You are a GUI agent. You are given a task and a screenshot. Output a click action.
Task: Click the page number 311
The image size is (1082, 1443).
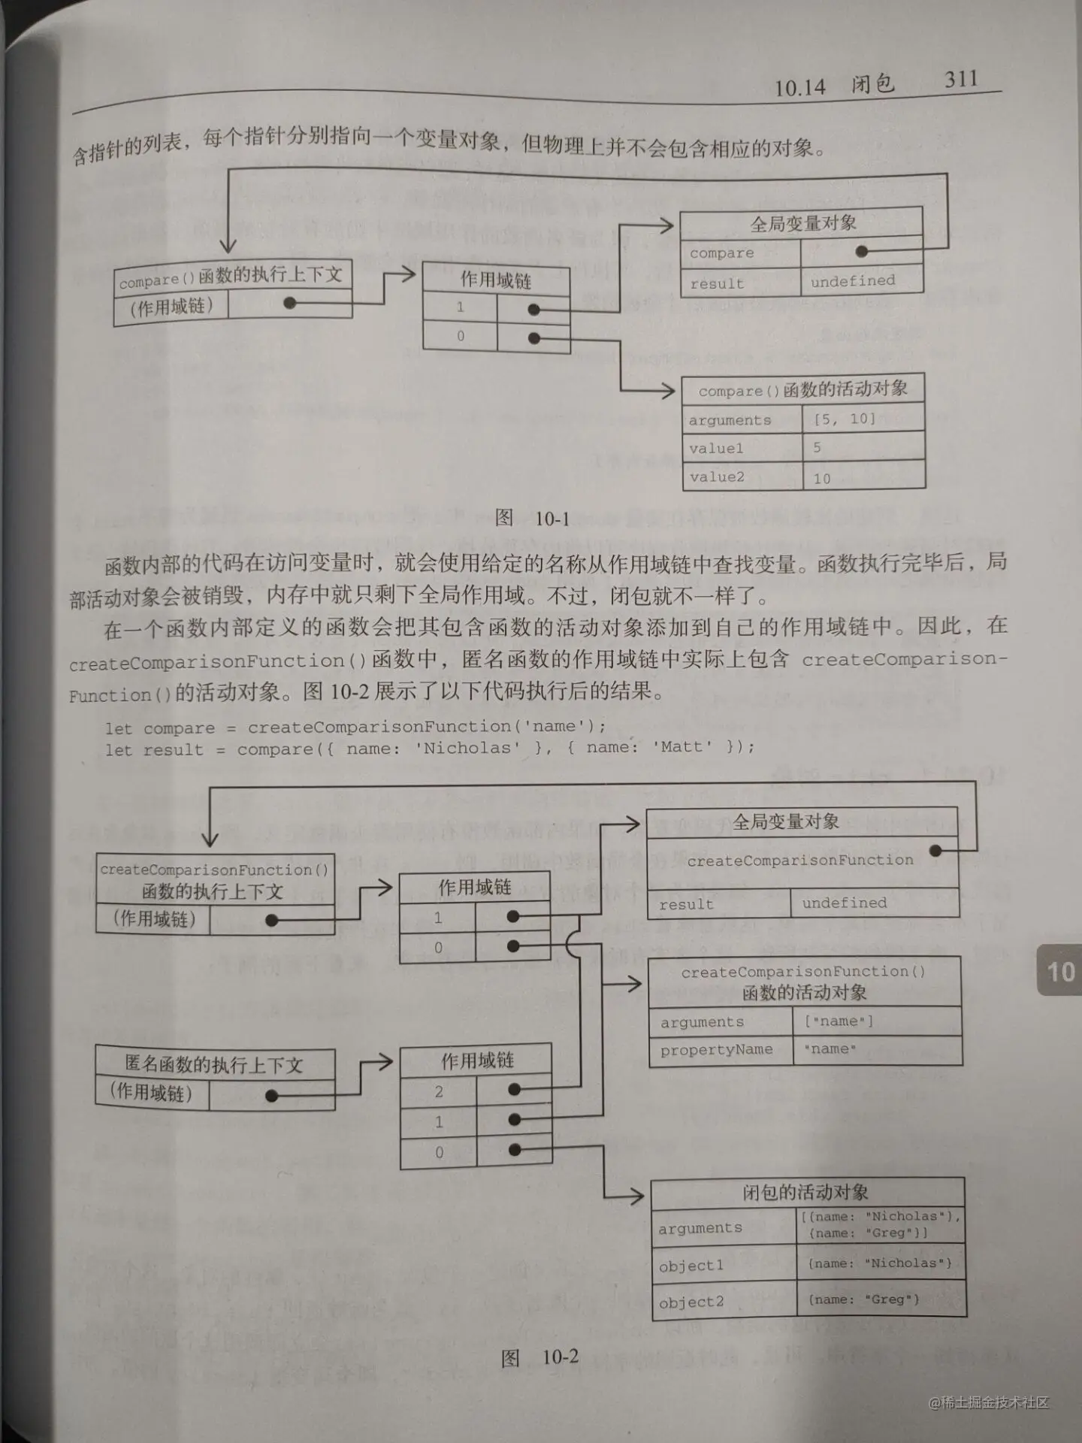point(961,79)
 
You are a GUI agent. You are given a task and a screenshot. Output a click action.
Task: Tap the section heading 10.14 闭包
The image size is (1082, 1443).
point(834,85)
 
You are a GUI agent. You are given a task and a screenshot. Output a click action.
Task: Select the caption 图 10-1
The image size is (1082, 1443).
point(532,518)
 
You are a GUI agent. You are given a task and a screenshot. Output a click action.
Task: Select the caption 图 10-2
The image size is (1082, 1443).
point(539,1357)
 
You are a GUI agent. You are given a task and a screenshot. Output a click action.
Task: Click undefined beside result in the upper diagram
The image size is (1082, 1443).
point(853,281)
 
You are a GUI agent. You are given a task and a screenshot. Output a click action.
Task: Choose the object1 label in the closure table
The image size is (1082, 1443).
point(691,1266)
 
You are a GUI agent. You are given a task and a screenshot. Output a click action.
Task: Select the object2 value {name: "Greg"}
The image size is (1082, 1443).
point(863,1299)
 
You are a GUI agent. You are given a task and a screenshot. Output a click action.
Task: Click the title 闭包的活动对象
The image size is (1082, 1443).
point(805,1193)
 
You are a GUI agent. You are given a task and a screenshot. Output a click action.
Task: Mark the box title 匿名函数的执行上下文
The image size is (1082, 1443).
point(214,1064)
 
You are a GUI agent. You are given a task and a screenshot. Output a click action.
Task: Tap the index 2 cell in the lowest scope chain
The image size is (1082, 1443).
point(439,1091)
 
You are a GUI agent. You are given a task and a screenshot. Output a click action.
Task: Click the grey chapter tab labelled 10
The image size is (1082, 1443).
point(1060,972)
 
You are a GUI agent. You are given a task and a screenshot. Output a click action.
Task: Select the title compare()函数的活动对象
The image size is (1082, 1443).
point(802,389)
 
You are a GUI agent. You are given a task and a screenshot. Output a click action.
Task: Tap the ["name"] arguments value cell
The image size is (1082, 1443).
point(839,1021)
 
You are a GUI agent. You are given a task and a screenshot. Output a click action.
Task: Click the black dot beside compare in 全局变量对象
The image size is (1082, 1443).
point(862,252)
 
